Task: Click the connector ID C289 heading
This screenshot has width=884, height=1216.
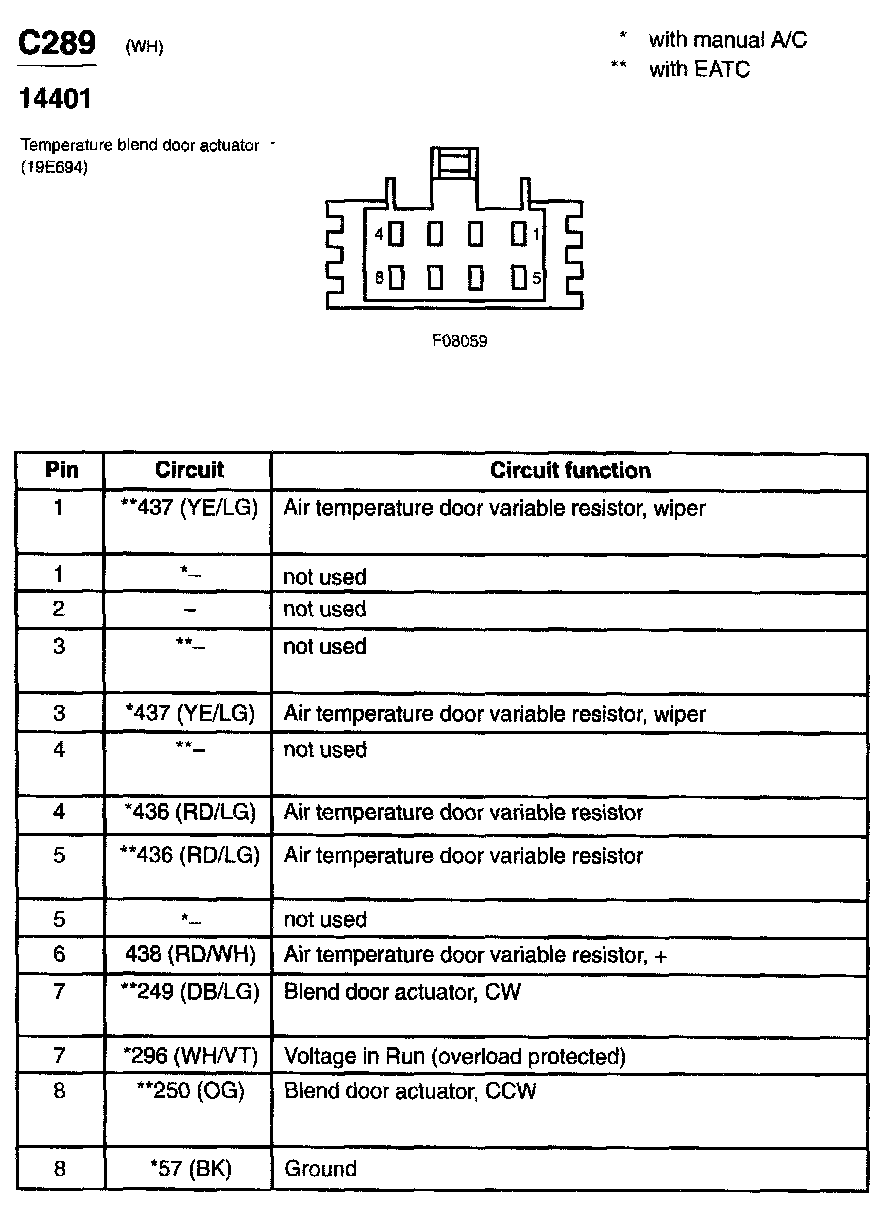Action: tap(58, 43)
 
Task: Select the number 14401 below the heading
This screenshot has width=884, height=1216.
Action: tap(56, 100)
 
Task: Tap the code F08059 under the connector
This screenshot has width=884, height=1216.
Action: tap(460, 340)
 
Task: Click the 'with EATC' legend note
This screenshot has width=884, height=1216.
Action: tap(699, 69)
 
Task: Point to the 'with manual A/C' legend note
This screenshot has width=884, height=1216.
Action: tap(727, 40)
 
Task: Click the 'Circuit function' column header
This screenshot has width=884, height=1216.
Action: tap(570, 471)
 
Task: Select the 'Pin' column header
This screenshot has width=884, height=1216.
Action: tap(60, 471)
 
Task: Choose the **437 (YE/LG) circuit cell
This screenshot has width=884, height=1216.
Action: tap(189, 508)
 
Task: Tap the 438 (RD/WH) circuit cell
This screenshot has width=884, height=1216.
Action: tap(189, 955)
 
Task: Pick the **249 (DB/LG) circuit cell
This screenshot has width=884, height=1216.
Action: tap(189, 992)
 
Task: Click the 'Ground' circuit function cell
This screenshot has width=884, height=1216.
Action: tap(320, 1168)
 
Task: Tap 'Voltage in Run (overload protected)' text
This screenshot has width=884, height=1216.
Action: tap(455, 1056)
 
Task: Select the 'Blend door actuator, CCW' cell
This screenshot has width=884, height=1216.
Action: tap(410, 1090)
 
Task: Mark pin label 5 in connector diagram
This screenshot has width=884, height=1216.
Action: tap(536, 278)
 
